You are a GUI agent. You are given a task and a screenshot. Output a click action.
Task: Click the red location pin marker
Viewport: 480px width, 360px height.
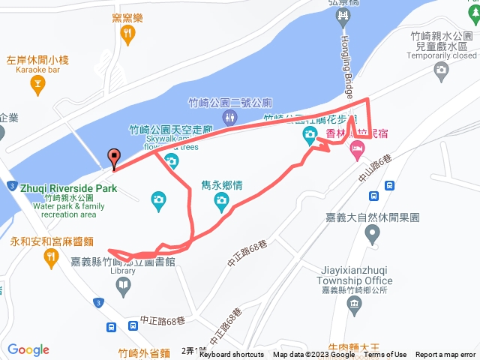coord(114,158)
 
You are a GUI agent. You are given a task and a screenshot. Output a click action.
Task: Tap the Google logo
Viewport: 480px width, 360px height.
coord(28,349)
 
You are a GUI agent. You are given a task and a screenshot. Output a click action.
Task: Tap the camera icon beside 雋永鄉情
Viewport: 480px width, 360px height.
coord(220,199)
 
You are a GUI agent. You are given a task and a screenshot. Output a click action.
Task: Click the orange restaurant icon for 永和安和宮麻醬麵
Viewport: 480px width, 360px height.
coord(51,258)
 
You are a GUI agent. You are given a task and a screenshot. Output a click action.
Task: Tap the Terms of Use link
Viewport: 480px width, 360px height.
coord(385,355)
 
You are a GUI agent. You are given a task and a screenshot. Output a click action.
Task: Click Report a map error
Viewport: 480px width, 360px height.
coord(445,355)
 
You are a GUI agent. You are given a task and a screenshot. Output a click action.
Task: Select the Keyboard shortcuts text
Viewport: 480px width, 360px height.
coord(231,355)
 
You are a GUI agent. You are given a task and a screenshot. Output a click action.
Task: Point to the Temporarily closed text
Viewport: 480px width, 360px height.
coord(443,55)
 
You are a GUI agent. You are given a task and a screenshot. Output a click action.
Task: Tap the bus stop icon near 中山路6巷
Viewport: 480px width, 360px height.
coord(373,196)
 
